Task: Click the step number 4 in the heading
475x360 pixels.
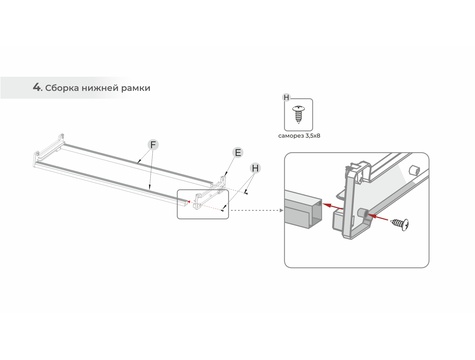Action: coord(36,87)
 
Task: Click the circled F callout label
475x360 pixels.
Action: coord(153,145)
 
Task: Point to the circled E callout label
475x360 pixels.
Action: coord(238,153)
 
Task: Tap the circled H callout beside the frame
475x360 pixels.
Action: coord(255,168)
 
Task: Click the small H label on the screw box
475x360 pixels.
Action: coord(286,97)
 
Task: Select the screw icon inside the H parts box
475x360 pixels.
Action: coord(299,114)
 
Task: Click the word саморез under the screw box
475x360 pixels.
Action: coord(291,136)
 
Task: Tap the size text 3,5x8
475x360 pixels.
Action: coord(313,136)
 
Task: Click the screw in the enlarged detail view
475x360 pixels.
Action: coord(400,224)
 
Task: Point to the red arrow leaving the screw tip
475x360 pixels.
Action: coord(378,217)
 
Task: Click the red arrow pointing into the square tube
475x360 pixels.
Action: coord(332,206)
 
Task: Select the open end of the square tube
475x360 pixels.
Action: coord(315,212)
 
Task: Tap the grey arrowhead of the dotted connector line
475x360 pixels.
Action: coord(281,210)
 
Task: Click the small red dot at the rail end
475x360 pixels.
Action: coord(189,201)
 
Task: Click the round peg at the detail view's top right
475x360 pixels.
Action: coord(413,169)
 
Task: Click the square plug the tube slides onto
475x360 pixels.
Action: coord(338,221)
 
